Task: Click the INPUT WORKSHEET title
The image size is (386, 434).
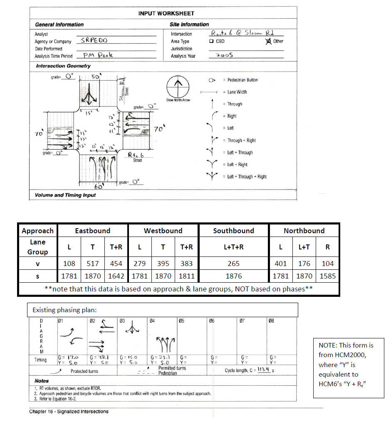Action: tap(166, 13)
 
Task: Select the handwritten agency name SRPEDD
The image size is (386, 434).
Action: tap(94, 41)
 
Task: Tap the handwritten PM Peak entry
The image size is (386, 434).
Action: tap(97, 55)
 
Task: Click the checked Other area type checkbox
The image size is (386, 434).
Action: tap(268, 41)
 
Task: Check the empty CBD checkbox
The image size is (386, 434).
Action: tap(212, 41)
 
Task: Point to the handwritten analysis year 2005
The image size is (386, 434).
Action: tap(225, 55)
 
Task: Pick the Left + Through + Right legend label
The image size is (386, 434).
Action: tap(247, 177)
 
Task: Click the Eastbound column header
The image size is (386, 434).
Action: tap(92, 231)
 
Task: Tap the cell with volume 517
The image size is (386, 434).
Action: tap(92, 264)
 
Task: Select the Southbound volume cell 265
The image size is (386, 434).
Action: tap(234, 264)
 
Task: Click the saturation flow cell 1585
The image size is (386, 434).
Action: tap(327, 276)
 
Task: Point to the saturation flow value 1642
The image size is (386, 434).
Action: tap(116, 276)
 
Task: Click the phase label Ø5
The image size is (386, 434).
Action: tap(181, 321)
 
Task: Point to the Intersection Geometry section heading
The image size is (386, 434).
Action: tap(63, 66)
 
